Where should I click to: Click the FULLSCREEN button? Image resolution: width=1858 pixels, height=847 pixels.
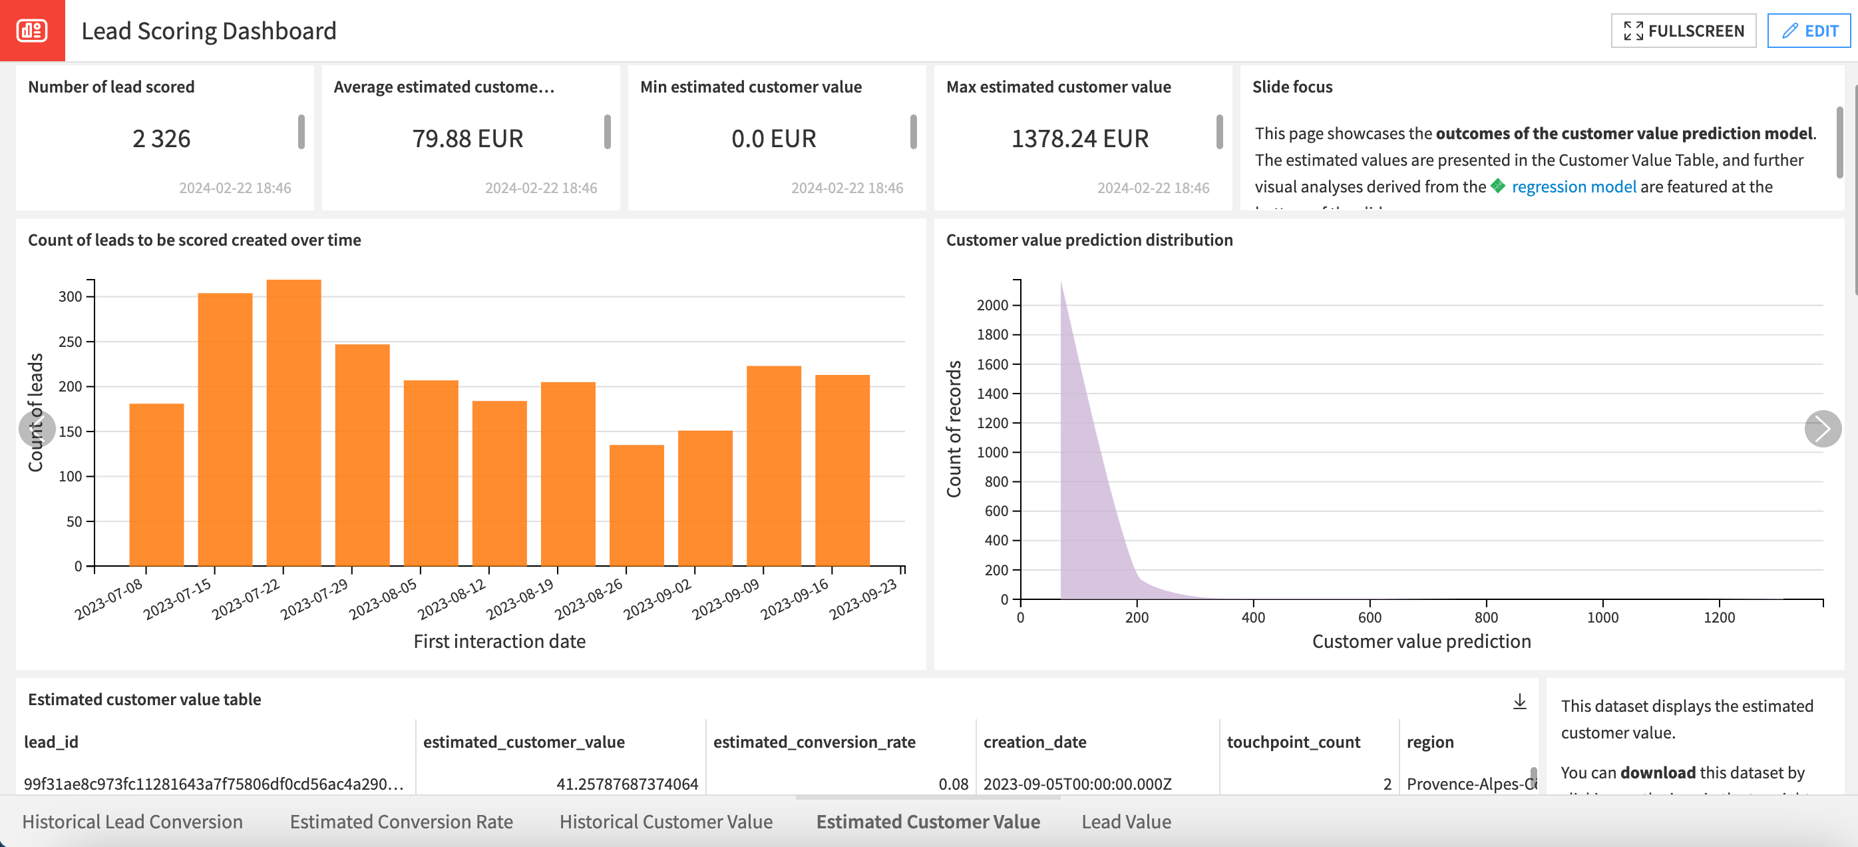click(x=1683, y=31)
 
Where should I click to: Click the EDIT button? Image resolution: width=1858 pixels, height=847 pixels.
click(x=1809, y=31)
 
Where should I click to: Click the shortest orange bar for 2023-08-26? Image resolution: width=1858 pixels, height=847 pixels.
click(x=636, y=505)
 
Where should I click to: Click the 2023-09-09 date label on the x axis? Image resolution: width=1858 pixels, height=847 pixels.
click(x=725, y=599)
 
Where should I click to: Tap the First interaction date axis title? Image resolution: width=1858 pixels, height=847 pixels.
click(x=499, y=641)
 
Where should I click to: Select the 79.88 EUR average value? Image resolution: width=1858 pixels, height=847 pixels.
click(x=467, y=139)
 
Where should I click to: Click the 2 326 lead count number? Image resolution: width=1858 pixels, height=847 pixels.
click(x=161, y=139)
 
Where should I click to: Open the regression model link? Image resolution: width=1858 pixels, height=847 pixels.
click(x=1573, y=187)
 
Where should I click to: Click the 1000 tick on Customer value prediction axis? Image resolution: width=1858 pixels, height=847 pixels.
click(x=1602, y=617)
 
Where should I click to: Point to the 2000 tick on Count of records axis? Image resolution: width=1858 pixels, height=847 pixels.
click(x=992, y=305)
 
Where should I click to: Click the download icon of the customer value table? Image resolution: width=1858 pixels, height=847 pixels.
click(x=1519, y=701)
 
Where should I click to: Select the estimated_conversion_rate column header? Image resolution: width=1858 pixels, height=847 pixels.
click(x=814, y=742)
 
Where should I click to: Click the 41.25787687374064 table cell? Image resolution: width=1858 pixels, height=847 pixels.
click(x=627, y=784)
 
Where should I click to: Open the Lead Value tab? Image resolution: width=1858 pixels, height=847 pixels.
click(x=1125, y=822)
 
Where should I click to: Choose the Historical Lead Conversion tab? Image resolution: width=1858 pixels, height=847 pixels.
click(x=132, y=822)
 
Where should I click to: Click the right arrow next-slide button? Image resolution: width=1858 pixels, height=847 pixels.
click(x=1822, y=429)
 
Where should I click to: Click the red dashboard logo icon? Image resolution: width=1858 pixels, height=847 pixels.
click(x=32, y=31)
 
